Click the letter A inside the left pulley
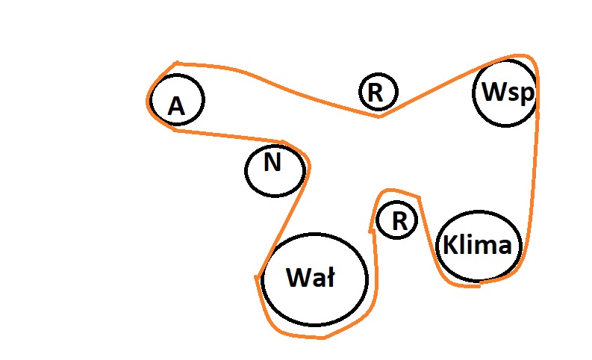point(176,106)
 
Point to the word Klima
point(478,245)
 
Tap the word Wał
point(311,279)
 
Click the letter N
point(273,163)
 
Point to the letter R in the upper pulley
point(376,93)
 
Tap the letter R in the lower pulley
point(400,221)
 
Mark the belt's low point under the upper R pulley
point(379,116)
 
